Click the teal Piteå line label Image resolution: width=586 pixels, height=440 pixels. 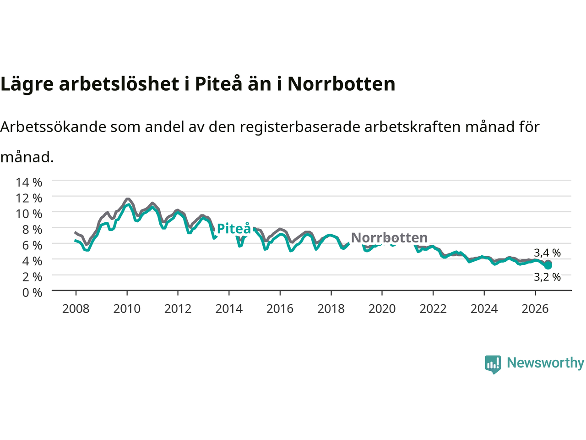234,229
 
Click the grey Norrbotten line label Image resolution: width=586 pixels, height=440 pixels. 389,237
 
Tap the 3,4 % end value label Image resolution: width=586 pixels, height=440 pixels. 547,253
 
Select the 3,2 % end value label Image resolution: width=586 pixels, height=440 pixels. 547,277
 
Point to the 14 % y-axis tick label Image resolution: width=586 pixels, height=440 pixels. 29,182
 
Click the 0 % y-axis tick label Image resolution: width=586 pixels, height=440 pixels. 32,293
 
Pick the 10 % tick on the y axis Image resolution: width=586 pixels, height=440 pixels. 29,214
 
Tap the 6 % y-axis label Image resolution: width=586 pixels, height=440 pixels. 32,246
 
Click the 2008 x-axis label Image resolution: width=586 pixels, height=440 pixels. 76,309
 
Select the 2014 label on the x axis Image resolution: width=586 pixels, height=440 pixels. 229,309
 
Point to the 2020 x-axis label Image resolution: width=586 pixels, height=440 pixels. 382,309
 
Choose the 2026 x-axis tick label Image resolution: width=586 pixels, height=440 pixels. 535,309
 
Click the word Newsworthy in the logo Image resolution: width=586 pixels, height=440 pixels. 545,363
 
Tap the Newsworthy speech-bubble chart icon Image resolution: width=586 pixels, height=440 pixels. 493,364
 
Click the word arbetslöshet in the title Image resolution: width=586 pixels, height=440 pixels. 119,84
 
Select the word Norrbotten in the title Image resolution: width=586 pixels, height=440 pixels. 341,84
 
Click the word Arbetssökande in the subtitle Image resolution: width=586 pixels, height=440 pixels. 53,126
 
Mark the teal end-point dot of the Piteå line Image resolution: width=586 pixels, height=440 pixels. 548,265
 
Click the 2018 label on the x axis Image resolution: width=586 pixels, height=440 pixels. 331,309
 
